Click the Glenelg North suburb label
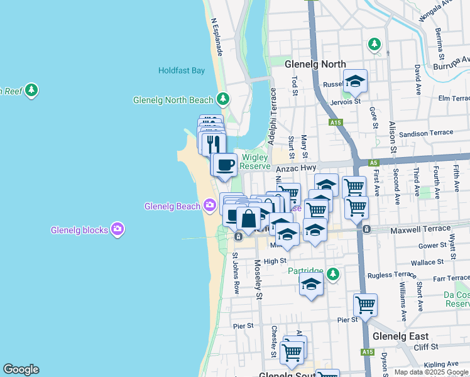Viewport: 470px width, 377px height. [x=315, y=64]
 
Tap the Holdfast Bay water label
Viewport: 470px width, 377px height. [x=182, y=70]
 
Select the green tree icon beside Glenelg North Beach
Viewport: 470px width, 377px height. [x=222, y=99]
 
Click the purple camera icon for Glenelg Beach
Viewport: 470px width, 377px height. [x=209, y=205]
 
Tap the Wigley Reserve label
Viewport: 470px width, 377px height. [x=255, y=161]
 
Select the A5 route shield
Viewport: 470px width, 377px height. [x=374, y=163]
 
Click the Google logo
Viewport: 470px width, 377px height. [x=21, y=369]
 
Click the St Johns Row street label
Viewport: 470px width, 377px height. [x=236, y=273]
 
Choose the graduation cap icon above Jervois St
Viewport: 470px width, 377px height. [x=355, y=80]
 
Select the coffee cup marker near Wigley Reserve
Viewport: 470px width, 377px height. [x=225, y=165]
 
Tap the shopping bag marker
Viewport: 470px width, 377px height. [x=249, y=219]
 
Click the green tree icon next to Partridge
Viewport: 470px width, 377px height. [x=332, y=273]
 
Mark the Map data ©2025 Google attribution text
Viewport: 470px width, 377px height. [x=430, y=372]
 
